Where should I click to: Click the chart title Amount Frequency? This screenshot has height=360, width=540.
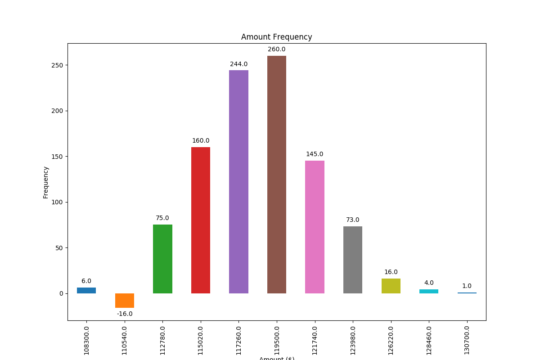(x=276, y=37)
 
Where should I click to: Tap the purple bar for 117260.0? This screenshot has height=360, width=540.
(x=238, y=182)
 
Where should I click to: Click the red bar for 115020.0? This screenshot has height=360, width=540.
(x=201, y=220)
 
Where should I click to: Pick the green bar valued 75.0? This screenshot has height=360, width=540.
(x=162, y=259)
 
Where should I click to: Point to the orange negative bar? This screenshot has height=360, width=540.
(x=125, y=301)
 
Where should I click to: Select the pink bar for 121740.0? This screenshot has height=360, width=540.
(x=315, y=227)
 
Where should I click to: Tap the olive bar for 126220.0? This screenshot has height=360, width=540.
(x=391, y=286)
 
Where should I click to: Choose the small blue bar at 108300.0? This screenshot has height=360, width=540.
(x=86, y=291)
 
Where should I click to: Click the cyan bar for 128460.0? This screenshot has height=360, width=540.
(x=429, y=292)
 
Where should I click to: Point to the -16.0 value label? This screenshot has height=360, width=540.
(x=125, y=314)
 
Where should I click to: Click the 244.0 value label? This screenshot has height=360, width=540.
(x=238, y=64)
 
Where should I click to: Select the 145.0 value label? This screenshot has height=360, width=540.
(x=315, y=154)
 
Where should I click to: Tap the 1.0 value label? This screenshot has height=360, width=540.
(x=467, y=286)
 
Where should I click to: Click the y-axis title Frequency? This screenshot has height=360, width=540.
(x=45, y=182)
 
